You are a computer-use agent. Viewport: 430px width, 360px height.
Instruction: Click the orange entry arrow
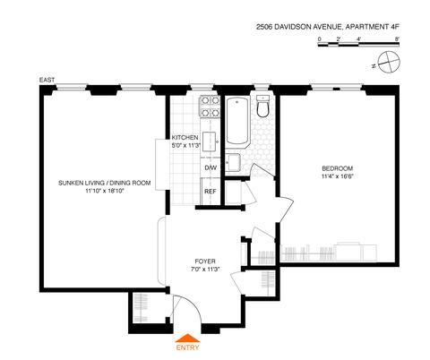187,338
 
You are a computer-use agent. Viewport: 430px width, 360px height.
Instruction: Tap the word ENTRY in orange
187,347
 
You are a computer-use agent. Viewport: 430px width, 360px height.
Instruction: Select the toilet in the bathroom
263,107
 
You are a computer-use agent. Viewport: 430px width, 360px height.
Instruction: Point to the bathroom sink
232,162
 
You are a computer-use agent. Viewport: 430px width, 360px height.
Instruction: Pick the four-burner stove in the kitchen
210,107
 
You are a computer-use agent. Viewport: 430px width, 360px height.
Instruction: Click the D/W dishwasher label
211,167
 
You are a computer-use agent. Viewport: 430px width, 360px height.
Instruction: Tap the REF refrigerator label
211,192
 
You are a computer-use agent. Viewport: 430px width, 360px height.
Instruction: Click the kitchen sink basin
210,141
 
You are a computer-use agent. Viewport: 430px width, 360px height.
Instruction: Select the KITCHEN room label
185,138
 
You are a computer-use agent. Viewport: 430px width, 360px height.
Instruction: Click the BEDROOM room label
337,168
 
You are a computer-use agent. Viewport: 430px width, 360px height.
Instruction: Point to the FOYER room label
205,261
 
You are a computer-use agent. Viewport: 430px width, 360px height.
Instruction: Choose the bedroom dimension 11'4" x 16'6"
338,176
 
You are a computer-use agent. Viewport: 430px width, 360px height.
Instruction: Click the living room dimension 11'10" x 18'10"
105,191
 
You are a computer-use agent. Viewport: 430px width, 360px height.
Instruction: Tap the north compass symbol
388,62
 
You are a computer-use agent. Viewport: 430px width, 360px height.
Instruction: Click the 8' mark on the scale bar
397,39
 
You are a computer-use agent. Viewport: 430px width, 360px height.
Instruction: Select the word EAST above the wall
47,80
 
